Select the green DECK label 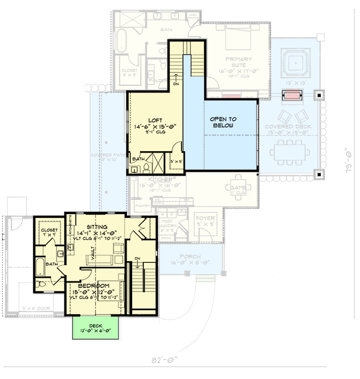[x=95, y=325]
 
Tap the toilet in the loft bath [x=146, y=168]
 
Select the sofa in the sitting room [x=98, y=259]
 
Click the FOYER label [x=205, y=219]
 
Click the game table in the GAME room [x=237, y=183]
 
